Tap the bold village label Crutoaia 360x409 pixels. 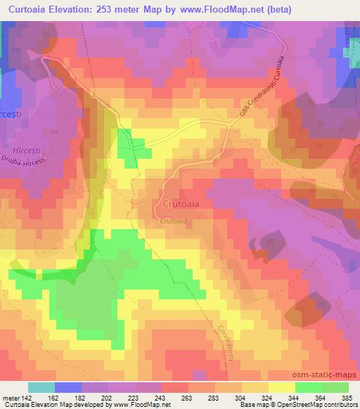[x=174, y=204]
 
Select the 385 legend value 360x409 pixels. [x=349, y=398]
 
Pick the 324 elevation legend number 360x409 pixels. [x=269, y=398]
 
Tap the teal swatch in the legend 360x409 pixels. [x=41, y=387]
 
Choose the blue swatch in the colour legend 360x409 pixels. [x=68, y=387]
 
